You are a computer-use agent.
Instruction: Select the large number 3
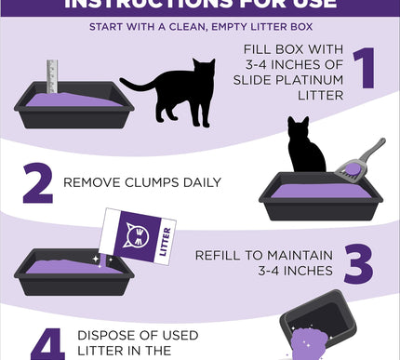click(359, 264)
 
